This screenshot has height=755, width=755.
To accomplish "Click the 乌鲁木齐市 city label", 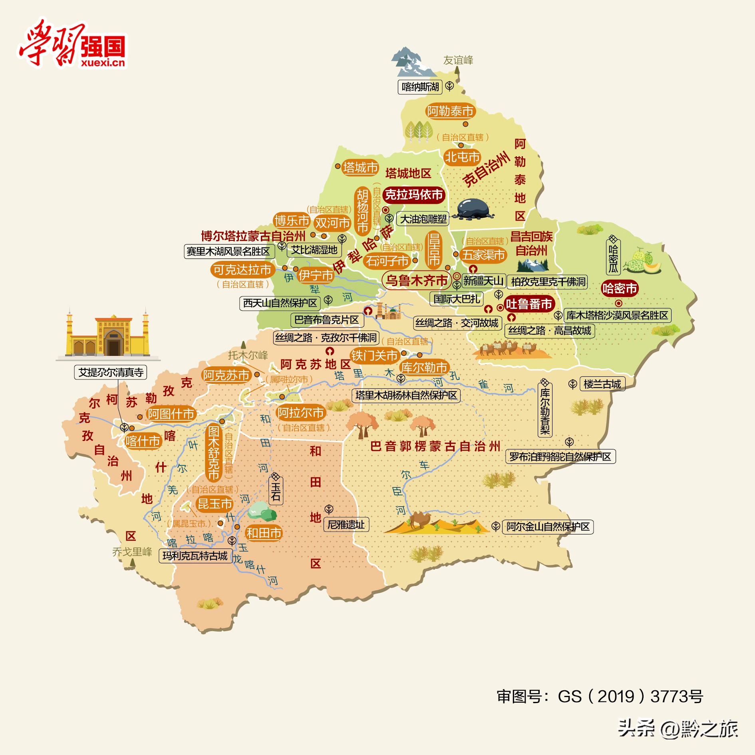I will point(417,280).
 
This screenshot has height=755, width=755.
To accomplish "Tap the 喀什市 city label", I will point(143,441).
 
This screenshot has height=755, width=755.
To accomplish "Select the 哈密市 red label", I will point(620,288).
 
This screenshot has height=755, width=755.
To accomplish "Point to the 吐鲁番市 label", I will point(529,304).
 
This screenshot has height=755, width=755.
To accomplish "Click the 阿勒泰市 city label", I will point(450,111).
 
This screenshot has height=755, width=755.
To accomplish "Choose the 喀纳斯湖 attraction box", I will point(420,87).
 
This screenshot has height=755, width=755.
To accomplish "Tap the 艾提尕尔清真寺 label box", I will point(111,372).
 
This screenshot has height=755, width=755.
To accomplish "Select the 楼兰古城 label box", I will point(602,384).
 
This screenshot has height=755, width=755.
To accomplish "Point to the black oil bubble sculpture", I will point(473,209).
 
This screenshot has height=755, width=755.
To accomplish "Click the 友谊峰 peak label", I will point(458,60).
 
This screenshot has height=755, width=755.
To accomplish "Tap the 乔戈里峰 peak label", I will point(132,552).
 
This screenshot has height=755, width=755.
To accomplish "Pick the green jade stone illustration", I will point(262,511).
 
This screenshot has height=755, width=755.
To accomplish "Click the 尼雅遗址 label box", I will point(346,525).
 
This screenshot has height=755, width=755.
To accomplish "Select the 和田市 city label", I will point(264,533).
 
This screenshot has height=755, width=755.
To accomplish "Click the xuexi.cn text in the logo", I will point(103,63).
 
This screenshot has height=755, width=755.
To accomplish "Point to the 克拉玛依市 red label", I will point(414,195).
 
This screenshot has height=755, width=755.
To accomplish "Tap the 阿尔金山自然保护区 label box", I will point(548,527).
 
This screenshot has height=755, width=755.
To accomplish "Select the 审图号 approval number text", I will point(600,696).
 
